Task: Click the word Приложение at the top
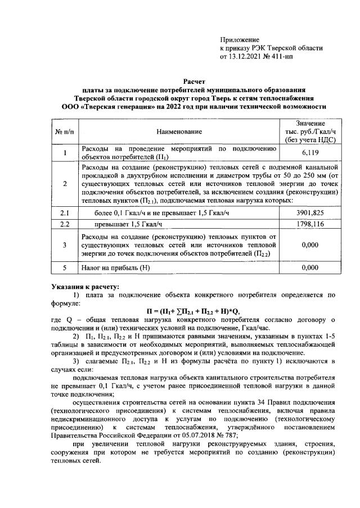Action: point(240,40)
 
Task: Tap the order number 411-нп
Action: point(290,57)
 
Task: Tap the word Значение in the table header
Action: point(310,123)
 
